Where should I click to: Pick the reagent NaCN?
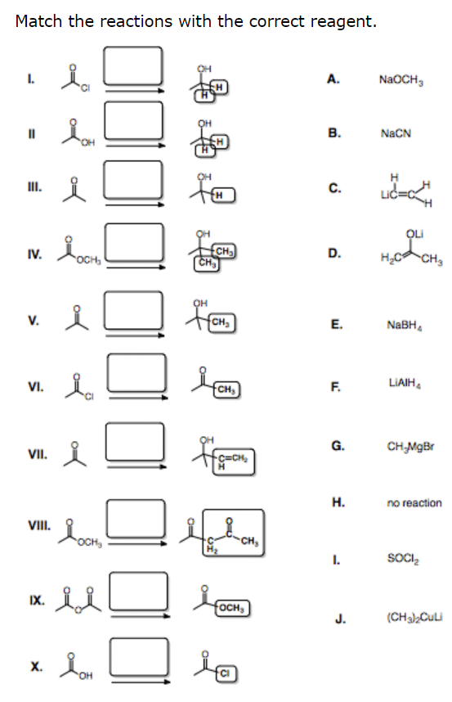coord(396,133)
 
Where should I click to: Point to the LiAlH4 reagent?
coord(398,382)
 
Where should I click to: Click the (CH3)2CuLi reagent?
coord(408,618)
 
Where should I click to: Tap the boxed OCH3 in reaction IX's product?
coord(233,610)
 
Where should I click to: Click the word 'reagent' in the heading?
coord(344,21)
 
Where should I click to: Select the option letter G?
coord(337,445)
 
